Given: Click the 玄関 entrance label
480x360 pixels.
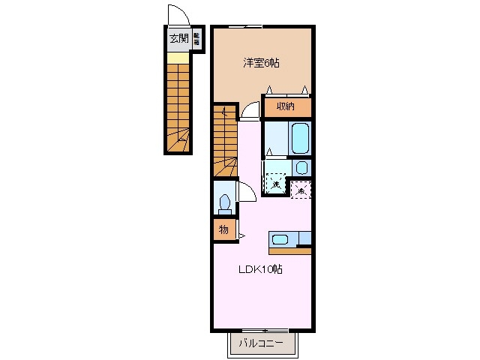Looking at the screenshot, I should point(177,39).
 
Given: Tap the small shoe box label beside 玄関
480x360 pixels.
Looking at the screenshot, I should point(196,39).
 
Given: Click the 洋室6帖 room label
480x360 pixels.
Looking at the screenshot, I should point(260,64).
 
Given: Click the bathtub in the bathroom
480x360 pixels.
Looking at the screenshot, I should point(299,137).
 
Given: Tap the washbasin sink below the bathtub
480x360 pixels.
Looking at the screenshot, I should point(301,167).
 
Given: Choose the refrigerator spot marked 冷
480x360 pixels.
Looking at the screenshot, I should point(301,190).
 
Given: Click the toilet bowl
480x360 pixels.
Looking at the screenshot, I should point(224,202).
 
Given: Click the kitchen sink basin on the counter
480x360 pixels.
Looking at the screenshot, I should point(280,239).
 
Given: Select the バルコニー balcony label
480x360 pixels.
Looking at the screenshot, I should point(261,344).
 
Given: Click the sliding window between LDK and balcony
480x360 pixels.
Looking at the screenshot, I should point(262,330).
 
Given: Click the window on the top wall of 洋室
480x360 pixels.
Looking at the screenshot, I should point(244,27).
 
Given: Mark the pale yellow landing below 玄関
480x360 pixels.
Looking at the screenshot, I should point(178,57).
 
